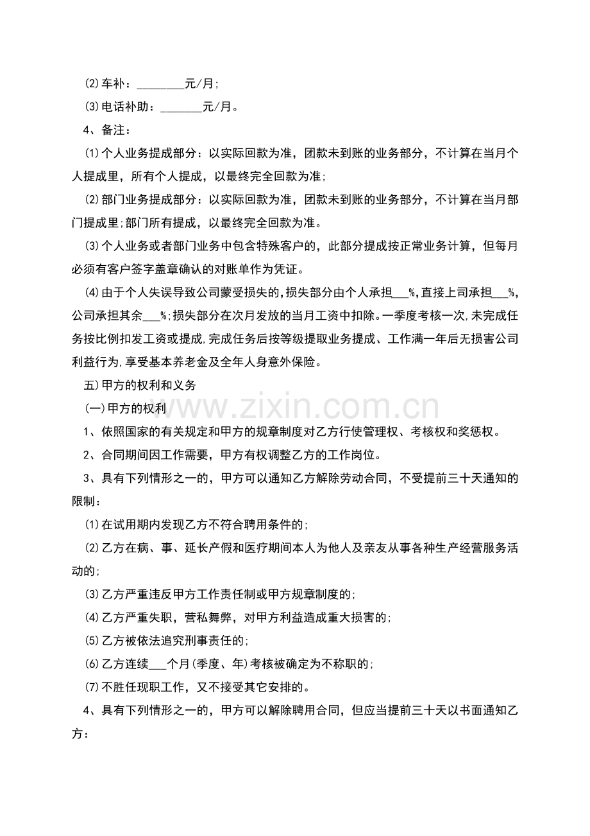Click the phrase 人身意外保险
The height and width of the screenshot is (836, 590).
point(282,362)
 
